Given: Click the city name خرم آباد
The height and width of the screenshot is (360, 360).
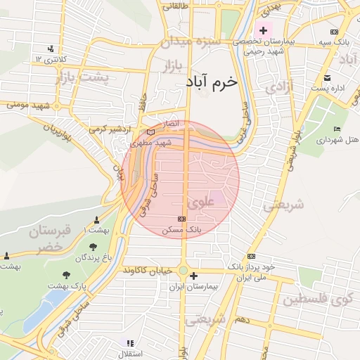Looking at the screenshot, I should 212,82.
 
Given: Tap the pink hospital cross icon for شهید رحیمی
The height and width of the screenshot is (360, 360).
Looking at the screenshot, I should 264,31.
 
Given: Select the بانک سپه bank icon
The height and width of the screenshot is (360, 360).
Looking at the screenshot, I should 334,32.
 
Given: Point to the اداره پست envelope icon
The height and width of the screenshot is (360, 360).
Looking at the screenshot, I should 327,77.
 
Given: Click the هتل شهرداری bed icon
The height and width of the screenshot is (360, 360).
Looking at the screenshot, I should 337,128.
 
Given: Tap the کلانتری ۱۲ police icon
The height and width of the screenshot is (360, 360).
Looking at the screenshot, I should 51,49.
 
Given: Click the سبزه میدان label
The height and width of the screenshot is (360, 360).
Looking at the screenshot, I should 191,42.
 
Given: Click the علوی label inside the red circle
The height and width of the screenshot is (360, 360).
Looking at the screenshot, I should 203,200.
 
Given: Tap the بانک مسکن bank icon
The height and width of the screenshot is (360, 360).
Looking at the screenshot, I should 183,219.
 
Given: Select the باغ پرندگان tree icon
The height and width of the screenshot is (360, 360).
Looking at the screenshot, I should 93,247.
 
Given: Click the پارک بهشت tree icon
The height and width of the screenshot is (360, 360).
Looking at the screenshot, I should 66,275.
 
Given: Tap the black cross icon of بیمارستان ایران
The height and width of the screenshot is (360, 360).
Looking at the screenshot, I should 194,276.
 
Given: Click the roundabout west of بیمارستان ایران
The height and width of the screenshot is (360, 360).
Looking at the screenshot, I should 183,271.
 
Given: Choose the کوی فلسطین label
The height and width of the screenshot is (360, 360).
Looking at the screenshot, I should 317,300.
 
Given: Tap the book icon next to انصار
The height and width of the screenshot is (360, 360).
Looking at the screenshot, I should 150,131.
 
